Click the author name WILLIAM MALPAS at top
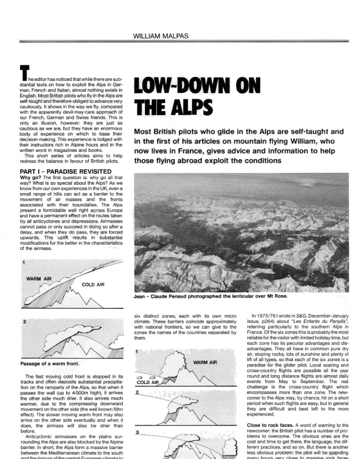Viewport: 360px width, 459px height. pos(180,35)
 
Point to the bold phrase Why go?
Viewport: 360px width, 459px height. pos(32,177)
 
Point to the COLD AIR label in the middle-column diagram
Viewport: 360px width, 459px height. pos(148,382)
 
